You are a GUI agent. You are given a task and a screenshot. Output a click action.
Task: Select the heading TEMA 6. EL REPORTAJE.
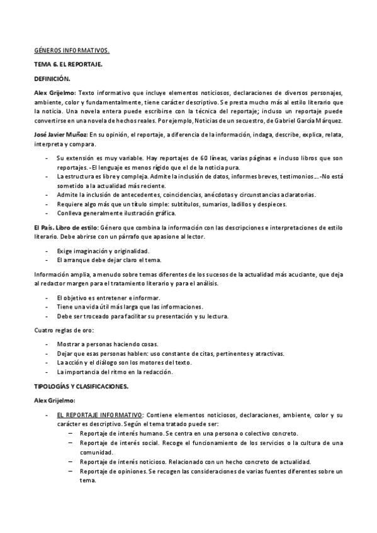click(68, 64)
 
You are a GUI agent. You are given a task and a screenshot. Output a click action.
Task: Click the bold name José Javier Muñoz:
click(60, 135)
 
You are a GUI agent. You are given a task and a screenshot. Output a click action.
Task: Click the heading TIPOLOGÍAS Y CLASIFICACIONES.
click(81, 385)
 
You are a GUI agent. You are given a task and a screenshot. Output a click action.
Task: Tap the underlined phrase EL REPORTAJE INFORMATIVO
click(99, 415)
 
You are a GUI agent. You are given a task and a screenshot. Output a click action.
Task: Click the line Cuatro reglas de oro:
click(64, 330)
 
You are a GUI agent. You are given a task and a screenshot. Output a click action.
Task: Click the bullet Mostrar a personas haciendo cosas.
click(107, 344)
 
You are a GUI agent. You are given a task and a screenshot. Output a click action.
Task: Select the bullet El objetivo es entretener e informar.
click(108, 297)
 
